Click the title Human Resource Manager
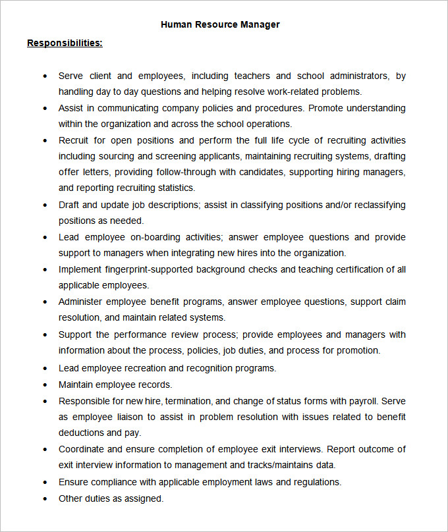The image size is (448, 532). click(220, 24)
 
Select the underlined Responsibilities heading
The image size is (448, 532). click(65, 43)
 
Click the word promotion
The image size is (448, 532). click(357, 350)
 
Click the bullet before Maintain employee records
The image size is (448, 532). click(45, 385)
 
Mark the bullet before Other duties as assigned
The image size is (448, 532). click(45, 499)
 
